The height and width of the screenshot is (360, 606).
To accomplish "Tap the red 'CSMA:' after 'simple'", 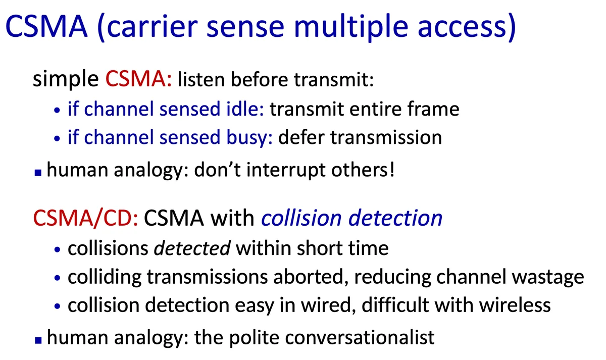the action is click(138, 79).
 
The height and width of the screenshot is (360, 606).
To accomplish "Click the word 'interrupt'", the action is click(286, 170).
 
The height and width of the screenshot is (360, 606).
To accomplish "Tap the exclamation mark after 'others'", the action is click(392, 170).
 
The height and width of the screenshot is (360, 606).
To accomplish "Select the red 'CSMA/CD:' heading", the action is click(85, 218).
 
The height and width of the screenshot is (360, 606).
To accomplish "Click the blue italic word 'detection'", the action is click(395, 218).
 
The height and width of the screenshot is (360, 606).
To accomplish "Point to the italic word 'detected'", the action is click(192, 248).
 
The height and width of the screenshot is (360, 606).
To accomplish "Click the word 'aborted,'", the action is click(311, 277).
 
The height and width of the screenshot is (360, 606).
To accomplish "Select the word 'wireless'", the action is click(515, 305).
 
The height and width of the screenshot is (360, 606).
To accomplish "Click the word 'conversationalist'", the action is click(360, 338).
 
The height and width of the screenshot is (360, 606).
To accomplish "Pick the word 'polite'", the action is click(255, 338).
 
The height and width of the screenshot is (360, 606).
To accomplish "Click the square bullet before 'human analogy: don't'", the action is click(38, 172).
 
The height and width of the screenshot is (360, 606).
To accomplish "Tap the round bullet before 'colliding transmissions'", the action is click(57, 278).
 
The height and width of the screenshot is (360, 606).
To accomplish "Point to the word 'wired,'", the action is click(329, 305).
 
